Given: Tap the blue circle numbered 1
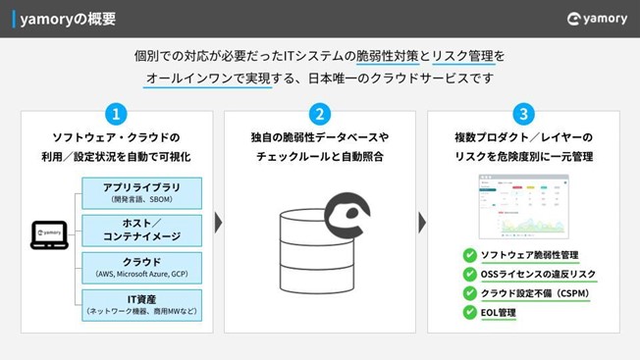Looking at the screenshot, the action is click(115, 113).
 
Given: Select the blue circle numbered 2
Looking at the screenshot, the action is click(319, 113).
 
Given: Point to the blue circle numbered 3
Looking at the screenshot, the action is click(523, 113).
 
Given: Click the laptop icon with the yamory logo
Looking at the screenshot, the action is click(48, 233).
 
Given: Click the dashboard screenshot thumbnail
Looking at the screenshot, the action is click(523, 206).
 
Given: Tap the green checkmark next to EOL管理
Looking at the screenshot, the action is click(469, 313).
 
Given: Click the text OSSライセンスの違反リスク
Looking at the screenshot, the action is click(538, 275).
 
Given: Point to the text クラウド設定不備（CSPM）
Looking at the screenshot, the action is click(534, 293).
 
